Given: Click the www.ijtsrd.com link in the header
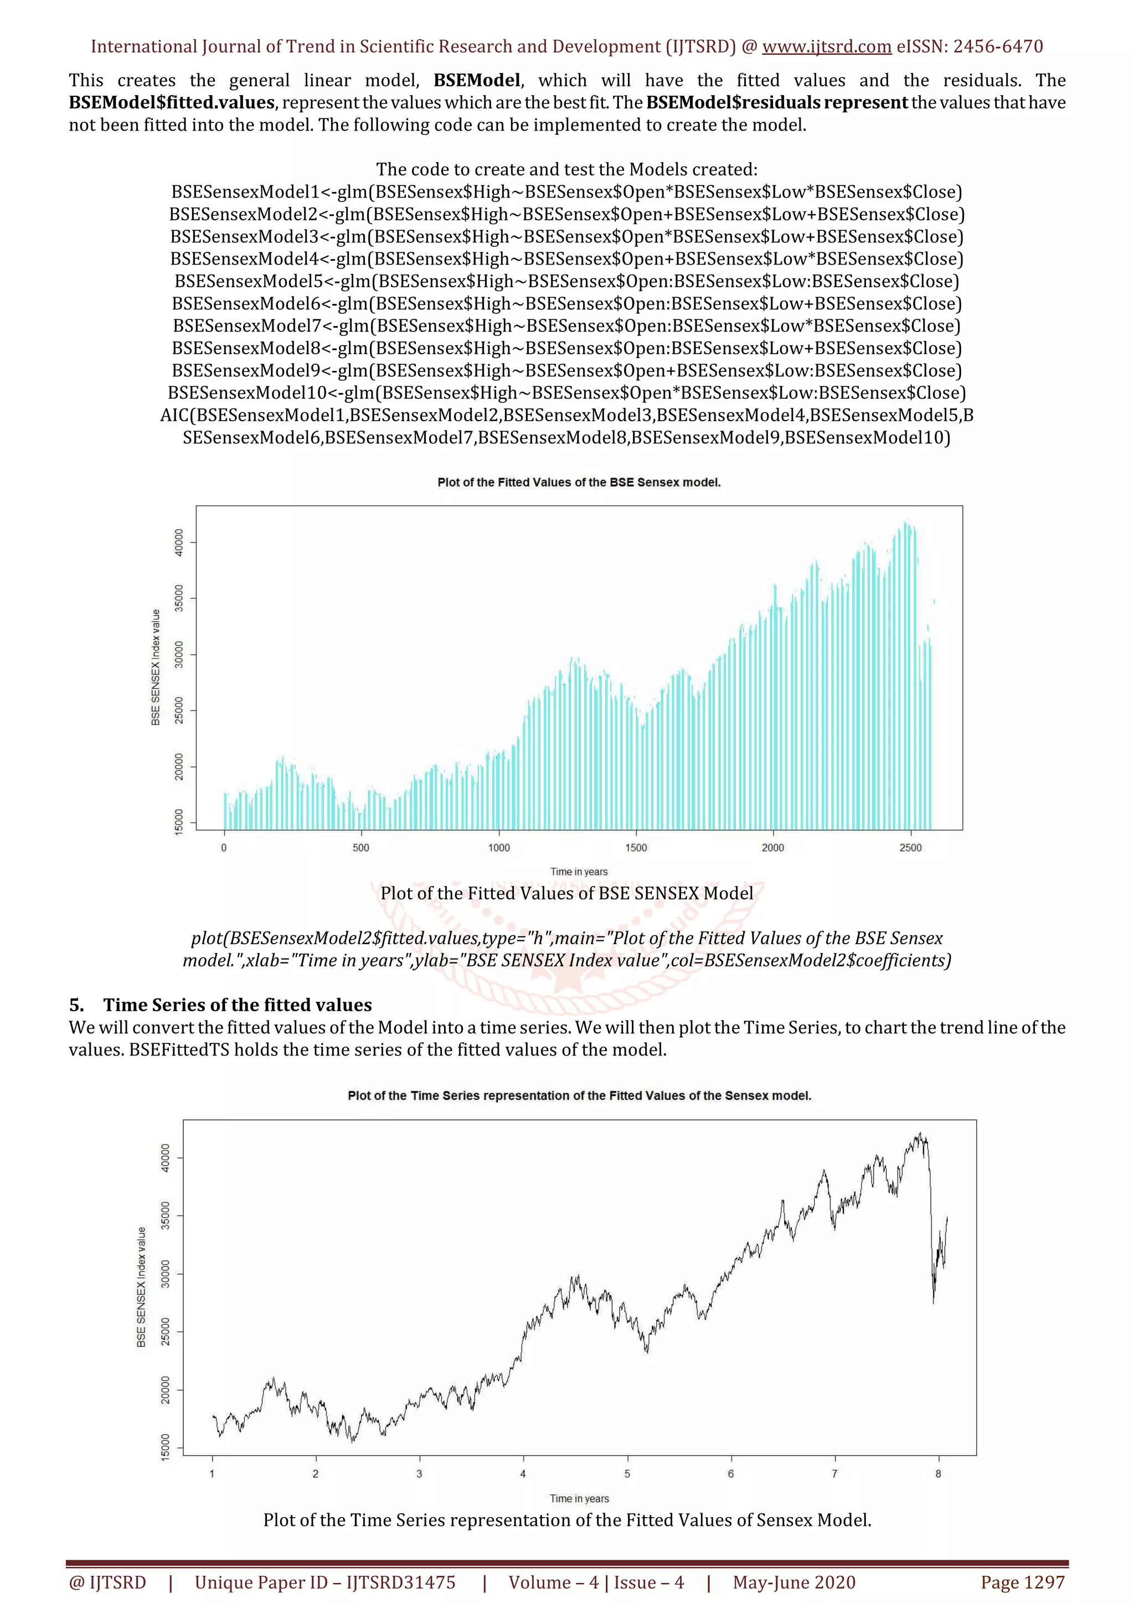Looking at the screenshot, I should pos(826,47).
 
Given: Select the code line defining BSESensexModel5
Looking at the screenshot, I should pos(566,282).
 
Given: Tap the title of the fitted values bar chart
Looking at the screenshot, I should pos(579,483).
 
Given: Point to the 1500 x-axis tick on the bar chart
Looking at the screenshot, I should pos(636,847).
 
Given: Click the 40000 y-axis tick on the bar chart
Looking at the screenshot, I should pos(179,543).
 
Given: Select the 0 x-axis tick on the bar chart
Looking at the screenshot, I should pos(224,847).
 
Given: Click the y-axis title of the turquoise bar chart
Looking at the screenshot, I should pos(156,667).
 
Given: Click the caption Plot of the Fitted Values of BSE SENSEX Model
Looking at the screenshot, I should pos(566,893).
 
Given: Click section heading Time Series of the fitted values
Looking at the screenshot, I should pos(238,1005).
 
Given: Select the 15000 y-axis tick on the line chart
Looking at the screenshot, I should pos(166,1446).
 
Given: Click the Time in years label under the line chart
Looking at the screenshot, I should pos(579,1498).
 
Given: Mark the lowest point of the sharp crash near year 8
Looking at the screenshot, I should pos(934,1303).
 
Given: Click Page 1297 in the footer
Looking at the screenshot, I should pos(1022,1582).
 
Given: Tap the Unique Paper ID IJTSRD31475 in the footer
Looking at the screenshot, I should pos(325,1582).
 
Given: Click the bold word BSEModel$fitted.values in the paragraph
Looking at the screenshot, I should pos(172,103).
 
